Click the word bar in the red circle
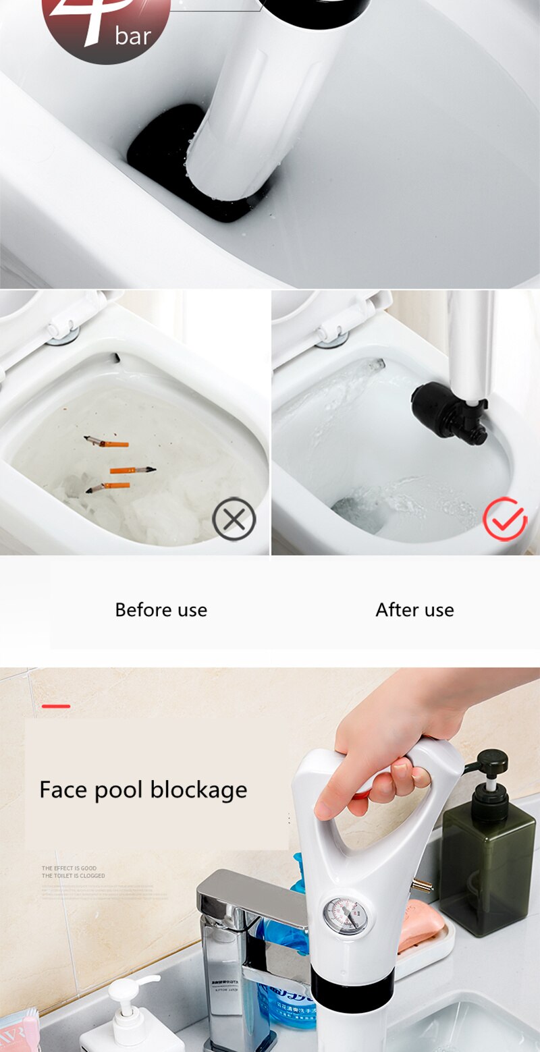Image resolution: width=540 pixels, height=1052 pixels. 132,36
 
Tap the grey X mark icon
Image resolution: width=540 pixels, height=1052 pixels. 234,519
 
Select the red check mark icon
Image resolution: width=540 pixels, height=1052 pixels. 505,519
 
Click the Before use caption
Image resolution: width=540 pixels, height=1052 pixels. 161,610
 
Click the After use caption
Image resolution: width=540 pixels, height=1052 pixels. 414,610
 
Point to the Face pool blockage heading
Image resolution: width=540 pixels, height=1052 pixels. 143,790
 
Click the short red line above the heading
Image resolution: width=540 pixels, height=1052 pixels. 56,706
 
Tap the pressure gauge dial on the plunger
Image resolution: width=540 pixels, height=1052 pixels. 346,916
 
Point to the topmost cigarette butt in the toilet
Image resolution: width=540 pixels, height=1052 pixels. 107,443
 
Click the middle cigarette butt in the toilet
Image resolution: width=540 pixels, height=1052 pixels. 132,470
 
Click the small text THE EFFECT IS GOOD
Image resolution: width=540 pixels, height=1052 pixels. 69,868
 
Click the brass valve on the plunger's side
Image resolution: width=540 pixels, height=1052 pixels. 423,885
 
